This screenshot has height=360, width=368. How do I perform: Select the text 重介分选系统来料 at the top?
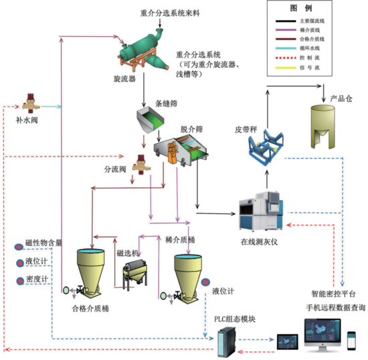169,12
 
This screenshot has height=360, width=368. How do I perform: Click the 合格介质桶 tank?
90,271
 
